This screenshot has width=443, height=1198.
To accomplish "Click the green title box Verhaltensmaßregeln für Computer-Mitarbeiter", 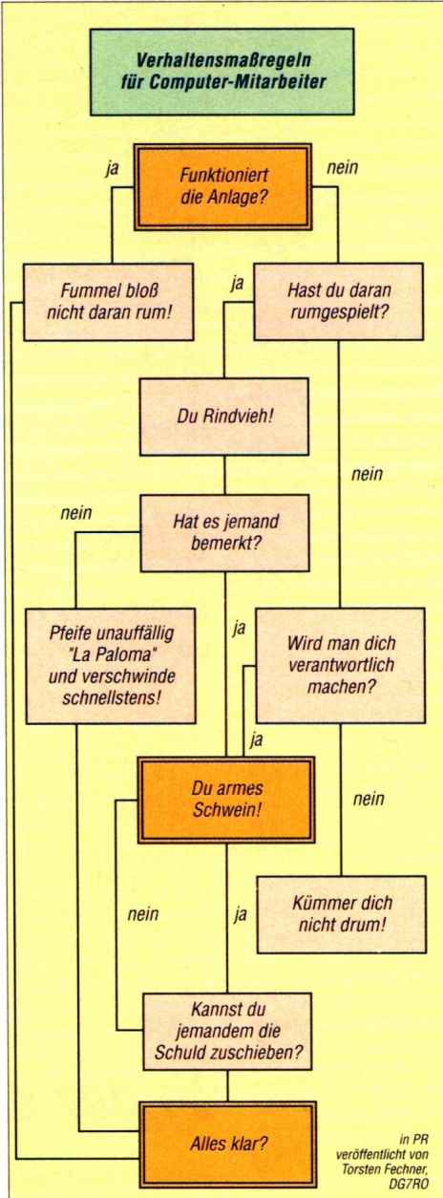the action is [221, 71].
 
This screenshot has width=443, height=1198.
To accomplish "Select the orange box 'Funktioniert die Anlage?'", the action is [222, 186].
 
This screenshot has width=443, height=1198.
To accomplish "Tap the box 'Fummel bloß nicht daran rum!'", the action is [109, 301].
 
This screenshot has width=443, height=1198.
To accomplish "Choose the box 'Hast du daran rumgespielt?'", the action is [339, 301].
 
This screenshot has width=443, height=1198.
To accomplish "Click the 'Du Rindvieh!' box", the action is [224, 417].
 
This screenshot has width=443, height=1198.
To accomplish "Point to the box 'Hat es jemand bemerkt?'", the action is [224, 533].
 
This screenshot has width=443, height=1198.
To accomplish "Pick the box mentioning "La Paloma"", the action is [111, 665].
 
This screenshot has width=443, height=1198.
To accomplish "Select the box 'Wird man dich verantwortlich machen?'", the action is [341, 665].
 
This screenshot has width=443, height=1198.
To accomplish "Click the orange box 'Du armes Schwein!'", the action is [226, 800].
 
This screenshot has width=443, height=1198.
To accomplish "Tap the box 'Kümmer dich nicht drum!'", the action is [342, 914].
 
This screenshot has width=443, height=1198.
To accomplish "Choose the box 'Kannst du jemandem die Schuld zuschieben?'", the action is [227, 1031].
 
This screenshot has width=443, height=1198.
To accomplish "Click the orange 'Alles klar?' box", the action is [228, 1144].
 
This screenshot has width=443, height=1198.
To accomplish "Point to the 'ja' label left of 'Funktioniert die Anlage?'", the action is [112, 169].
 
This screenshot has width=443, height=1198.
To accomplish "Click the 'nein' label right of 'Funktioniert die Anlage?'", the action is [342, 167].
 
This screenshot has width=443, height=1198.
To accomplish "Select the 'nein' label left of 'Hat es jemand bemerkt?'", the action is [75, 513].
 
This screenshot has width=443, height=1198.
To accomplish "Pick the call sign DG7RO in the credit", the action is [413, 1182].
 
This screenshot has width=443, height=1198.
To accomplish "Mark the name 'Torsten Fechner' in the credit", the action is [386, 1168].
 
